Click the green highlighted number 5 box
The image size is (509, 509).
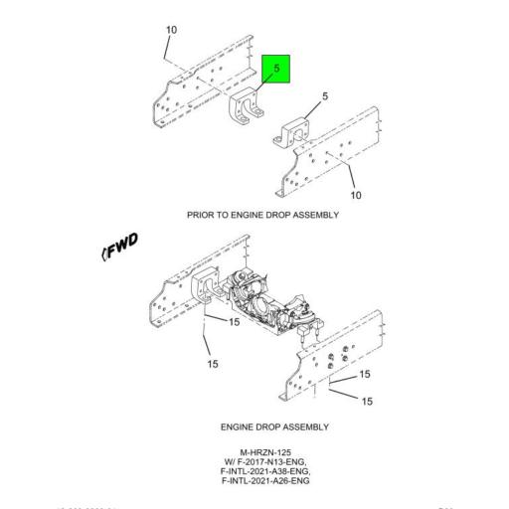pos(276,70)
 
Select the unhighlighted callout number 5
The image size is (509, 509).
pos(325,96)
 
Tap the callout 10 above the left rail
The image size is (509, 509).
pos(171,30)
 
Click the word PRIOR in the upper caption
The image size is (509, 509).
pos(199,215)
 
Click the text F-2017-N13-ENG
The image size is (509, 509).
pos(266,462)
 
